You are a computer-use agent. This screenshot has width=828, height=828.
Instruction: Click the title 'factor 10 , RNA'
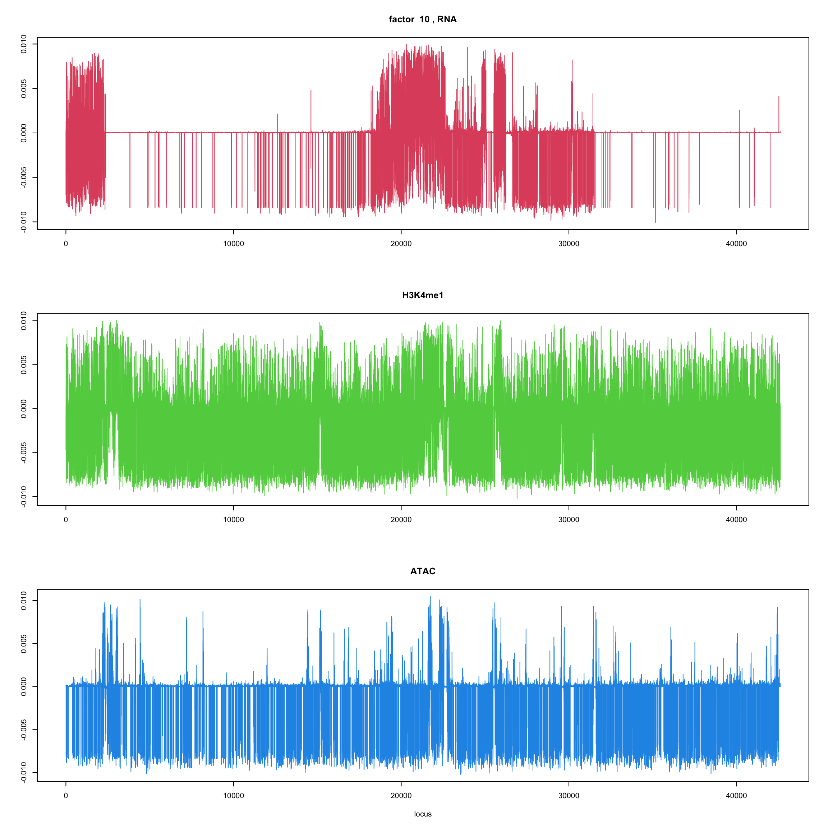click(423, 19)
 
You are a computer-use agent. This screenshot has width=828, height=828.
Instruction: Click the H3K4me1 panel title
click(423, 295)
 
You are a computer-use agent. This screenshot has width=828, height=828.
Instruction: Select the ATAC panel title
click(423, 571)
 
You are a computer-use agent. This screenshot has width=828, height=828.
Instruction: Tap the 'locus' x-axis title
click(423, 814)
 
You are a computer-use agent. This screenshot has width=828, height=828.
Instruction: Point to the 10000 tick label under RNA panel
click(233, 244)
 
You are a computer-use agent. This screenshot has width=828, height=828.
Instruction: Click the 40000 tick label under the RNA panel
click(736, 244)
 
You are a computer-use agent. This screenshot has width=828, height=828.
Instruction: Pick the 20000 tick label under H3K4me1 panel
click(401, 520)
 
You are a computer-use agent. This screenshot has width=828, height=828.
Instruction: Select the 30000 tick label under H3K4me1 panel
click(569, 520)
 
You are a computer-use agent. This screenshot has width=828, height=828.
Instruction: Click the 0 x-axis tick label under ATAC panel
click(65, 796)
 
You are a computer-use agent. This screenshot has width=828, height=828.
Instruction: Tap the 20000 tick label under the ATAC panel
click(401, 796)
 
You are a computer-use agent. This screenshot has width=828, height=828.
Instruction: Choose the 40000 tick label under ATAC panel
click(736, 796)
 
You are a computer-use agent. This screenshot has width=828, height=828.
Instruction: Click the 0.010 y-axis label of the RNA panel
click(24, 44)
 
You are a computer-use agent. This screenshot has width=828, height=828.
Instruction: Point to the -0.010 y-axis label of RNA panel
click(24, 222)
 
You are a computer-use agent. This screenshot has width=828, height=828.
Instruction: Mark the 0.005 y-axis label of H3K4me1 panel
click(24, 365)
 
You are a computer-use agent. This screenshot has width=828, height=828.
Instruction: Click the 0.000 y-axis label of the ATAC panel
click(24, 686)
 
